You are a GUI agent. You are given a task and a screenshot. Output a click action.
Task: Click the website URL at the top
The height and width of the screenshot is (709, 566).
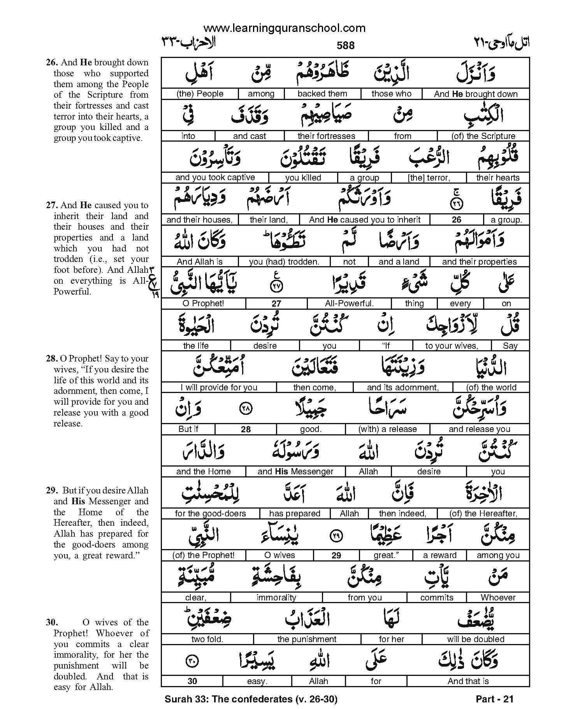[284, 28]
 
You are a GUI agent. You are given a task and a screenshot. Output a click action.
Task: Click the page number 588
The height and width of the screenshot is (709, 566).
[345, 46]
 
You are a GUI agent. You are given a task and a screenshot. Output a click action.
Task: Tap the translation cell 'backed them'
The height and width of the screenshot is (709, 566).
[322, 94]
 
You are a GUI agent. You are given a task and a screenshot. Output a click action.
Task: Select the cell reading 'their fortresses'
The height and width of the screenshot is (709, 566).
[326, 136]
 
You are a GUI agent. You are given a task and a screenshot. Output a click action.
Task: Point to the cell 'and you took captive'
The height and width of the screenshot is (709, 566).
[215, 178]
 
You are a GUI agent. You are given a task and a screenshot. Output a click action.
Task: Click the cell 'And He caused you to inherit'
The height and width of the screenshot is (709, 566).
[365, 220]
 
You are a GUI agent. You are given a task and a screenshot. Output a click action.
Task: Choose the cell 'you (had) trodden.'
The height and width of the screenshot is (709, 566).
[284, 262]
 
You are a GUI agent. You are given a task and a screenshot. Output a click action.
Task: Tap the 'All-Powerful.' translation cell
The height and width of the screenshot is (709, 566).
[349, 304]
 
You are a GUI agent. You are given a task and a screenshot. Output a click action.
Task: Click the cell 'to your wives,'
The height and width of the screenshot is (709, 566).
[452, 346]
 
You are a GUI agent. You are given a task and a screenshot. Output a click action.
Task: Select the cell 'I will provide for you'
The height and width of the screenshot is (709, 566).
[219, 388]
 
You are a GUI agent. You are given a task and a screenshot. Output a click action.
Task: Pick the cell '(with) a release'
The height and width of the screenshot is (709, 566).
[387, 429]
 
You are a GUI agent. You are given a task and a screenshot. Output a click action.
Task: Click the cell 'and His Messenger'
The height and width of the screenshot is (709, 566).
[295, 472]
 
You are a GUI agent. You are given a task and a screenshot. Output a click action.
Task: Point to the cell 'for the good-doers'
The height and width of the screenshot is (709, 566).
[210, 514]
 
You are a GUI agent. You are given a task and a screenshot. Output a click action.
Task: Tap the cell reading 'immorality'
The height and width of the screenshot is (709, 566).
[276, 597]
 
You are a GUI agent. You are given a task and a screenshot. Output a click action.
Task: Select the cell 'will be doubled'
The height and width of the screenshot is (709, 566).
[476, 639]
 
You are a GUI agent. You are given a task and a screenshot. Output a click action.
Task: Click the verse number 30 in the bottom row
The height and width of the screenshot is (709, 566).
[192, 681]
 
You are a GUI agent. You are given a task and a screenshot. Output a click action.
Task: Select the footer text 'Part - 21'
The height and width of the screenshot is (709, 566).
[495, 699]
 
